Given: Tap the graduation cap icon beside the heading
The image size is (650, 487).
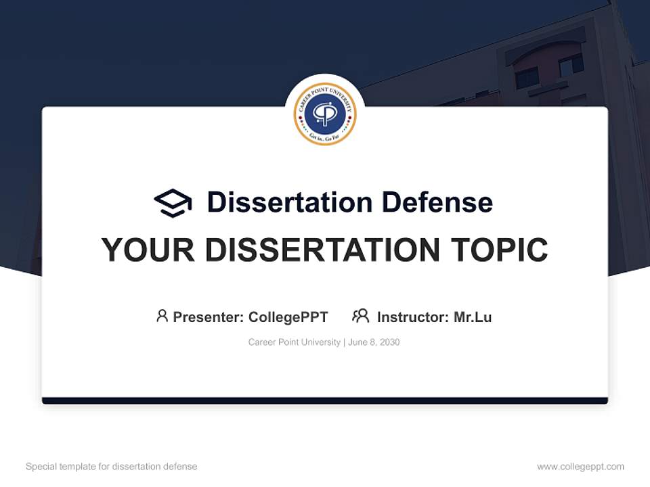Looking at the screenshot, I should (173, 202).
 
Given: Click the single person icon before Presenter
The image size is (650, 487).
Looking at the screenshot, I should (162, 316).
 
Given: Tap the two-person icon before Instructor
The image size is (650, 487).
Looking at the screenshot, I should (360, 316).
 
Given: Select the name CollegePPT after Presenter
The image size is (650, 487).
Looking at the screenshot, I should (288, 317).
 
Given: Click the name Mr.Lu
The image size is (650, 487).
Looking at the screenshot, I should (473, 317).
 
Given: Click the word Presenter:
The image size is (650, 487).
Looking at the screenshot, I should (209, 317).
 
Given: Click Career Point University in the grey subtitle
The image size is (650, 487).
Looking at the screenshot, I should (295, 342).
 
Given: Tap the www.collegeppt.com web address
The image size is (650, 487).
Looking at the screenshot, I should (580, 467).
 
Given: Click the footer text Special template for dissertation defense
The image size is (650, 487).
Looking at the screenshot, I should (112, 467).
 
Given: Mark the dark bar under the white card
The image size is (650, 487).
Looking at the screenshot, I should (325, 400).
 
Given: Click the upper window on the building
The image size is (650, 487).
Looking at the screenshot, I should (570, 64).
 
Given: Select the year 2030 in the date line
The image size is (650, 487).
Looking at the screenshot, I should (389, 342).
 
